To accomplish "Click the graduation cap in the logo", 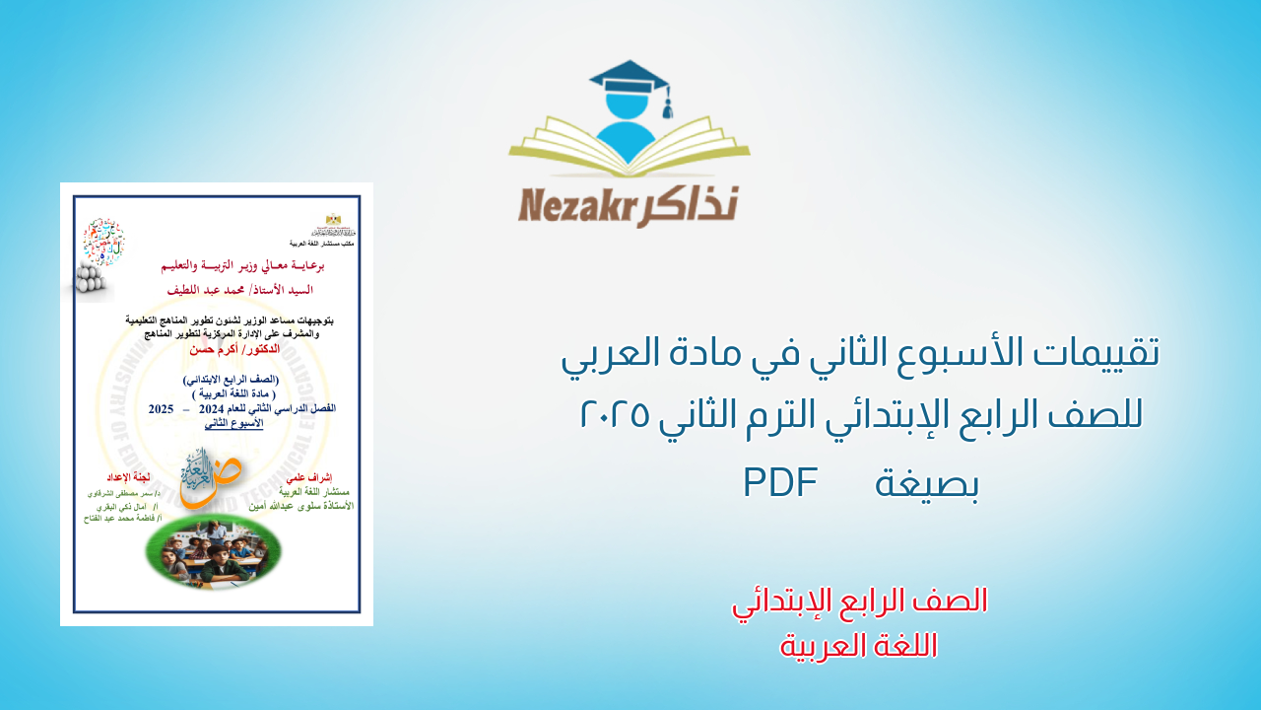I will coord(627,77).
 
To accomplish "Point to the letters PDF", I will coord(780,482).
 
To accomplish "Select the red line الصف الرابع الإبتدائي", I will coord(859,601).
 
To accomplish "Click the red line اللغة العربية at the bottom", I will coord(859,646).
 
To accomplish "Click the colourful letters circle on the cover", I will coord(103,243).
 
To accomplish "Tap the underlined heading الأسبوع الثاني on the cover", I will coord(234,421).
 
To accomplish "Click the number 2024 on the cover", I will coord(214,408).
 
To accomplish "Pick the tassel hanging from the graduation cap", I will coord(667,104).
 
